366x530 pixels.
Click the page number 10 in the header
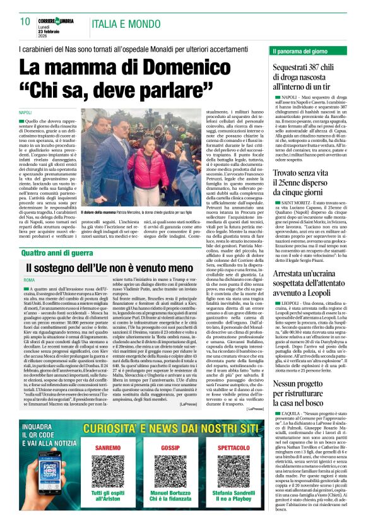click(x=25, y=22)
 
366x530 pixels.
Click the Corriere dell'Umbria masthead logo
click(x=57, y=20)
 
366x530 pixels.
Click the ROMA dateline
click(x=29, y=280)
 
